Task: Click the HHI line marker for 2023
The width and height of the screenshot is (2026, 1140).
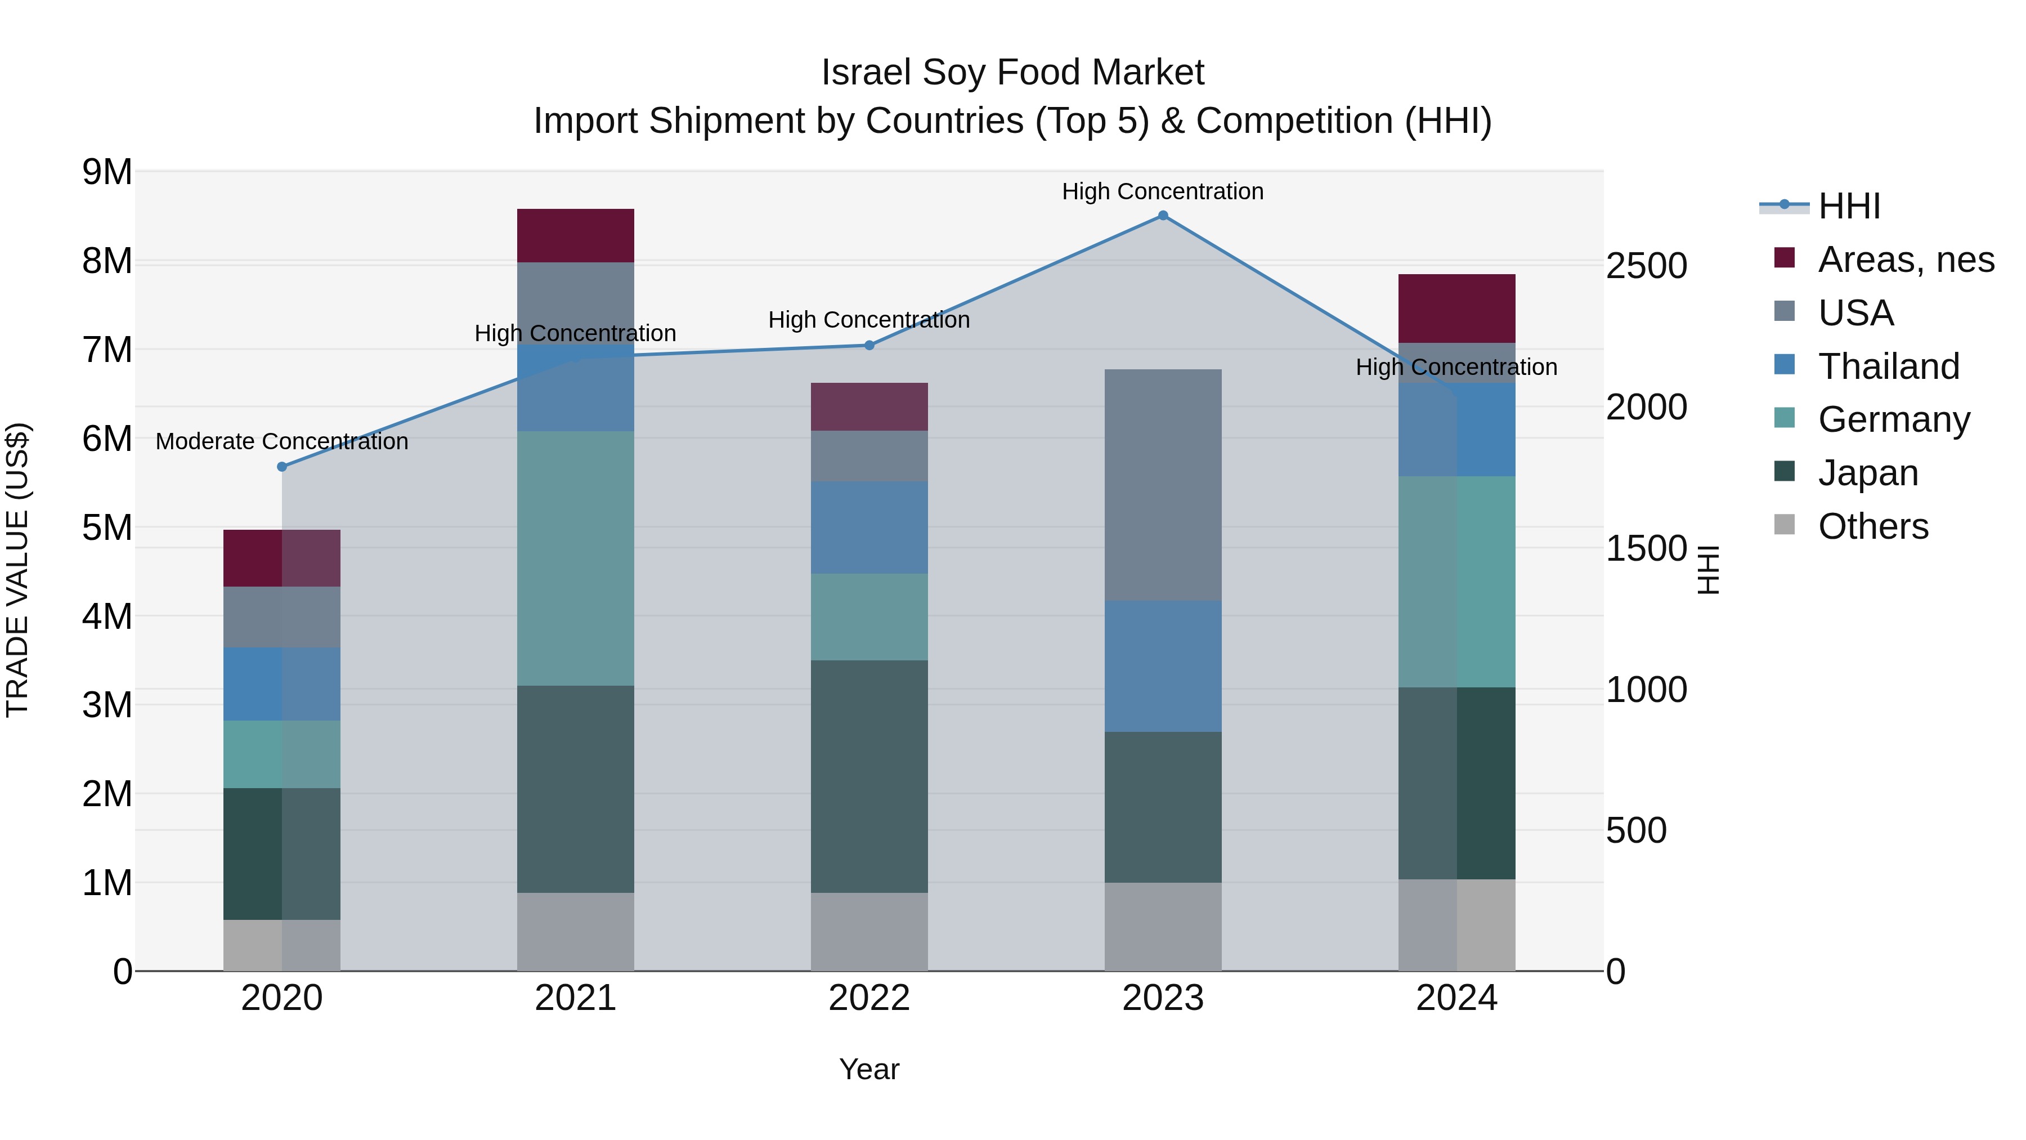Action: click(1163, 216)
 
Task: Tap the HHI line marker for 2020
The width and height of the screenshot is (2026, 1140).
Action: click(283, 467)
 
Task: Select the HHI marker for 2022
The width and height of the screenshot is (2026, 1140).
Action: click(869, 346)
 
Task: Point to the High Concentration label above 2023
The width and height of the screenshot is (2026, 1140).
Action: click(1163, 191)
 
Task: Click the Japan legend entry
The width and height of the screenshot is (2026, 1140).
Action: click(1867, 473)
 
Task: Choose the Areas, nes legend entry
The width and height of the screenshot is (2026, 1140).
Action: click(1905, 260)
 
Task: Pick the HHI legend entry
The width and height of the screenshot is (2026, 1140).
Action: click(1848, 206)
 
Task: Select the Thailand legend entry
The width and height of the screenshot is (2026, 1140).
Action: click(1888, 366)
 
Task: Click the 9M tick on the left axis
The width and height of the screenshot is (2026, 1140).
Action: click(107, 172)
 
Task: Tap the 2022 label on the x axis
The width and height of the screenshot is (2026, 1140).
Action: click(869, 998)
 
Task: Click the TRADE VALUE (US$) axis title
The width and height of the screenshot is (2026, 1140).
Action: click(17, 570)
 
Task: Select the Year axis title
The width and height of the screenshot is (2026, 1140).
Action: click(869, 1069)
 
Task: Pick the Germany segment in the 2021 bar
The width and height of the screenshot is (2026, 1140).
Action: click(575, 558)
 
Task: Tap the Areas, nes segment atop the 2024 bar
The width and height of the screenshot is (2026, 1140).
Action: click(1456, 309)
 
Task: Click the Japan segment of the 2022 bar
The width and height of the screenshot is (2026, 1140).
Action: click(869, 776)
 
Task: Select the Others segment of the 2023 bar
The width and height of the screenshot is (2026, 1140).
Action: click(1163, 926)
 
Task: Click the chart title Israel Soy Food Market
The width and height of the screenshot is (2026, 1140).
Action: click(1012, 73)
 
